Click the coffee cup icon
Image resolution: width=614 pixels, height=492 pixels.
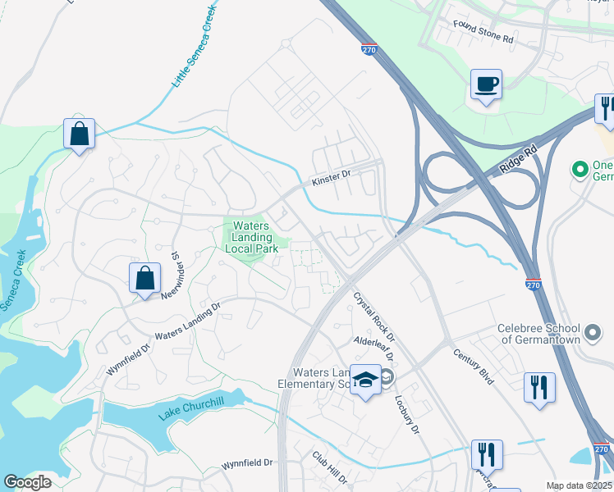click(x=486, y=84)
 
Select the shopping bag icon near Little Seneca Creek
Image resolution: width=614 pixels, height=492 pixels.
click(x=79, y=134)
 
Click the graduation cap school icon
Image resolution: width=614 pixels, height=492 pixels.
click(x=365, y=380)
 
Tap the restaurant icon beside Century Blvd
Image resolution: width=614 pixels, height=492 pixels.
click(x=539, y=387)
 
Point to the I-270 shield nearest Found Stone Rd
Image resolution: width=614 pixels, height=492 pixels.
click(x=369, y=50)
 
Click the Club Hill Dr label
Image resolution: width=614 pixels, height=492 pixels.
click(x=329, y=466)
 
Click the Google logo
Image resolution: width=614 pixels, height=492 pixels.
click(x=28, y=481)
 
